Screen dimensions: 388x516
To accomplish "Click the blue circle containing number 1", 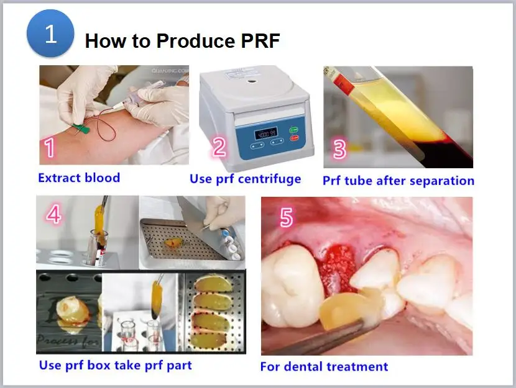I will click(50, 34).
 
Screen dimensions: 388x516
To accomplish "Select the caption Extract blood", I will click(79, 178).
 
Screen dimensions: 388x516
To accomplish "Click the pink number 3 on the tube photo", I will click(339, 150).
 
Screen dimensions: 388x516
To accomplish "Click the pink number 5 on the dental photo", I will click(287, 218).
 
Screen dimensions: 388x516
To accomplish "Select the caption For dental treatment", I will click(324, 366).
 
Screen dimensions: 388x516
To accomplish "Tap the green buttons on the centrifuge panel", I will click(295, 134).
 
